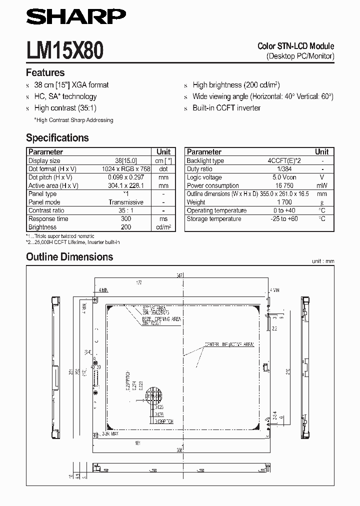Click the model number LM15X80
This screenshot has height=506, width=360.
[65, 51]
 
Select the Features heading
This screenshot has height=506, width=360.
[45, 72]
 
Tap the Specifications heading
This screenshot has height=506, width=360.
[57, 138]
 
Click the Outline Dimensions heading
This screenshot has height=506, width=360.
[69, 257]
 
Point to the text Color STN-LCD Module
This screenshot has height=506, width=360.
[295, 46]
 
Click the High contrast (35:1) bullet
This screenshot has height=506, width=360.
[65, 108]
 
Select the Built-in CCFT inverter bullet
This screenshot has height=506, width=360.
[226, 108]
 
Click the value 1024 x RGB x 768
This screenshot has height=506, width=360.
[126, 169]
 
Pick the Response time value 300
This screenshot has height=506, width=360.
[126, 218]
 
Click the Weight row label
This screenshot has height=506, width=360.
[196, 202]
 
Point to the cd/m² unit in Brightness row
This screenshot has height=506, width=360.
[163, 227]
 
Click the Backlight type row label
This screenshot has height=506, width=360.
[205, 161]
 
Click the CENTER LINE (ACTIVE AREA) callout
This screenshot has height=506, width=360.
[228, 344]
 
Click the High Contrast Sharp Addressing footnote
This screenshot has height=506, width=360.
[73, 120]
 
